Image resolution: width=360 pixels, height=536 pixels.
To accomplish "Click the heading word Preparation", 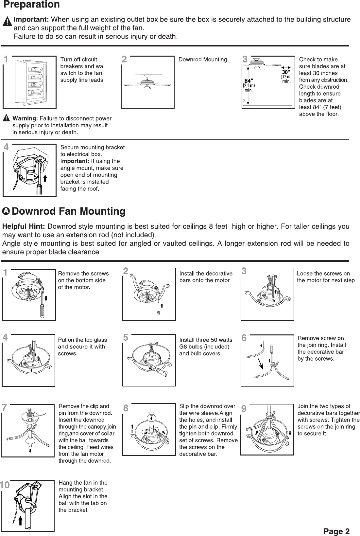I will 31,5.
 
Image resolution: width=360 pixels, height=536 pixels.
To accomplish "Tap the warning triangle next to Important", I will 7,22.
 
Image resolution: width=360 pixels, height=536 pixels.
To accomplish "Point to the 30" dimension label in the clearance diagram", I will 285,72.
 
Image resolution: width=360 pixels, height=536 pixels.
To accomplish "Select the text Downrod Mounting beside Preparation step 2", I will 202,60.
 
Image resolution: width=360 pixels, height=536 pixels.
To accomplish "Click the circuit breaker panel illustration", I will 29,82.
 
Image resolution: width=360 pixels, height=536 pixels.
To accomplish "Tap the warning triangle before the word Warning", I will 7,118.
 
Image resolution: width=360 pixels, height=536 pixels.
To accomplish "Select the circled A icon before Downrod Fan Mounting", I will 6,211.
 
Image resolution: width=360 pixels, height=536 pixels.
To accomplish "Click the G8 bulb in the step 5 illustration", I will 162,372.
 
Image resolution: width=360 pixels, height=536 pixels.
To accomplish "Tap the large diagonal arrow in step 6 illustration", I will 261,364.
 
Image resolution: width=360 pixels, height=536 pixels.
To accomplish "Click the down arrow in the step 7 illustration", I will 30,450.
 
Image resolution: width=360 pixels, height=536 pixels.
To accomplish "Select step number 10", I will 6,485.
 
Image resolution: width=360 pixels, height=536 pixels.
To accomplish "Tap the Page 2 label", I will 336,531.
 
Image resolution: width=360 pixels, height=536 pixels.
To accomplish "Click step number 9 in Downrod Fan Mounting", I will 244,409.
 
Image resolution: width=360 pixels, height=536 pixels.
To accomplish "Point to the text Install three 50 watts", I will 206,340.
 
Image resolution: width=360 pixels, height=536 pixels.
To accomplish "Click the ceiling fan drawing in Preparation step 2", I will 148,82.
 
